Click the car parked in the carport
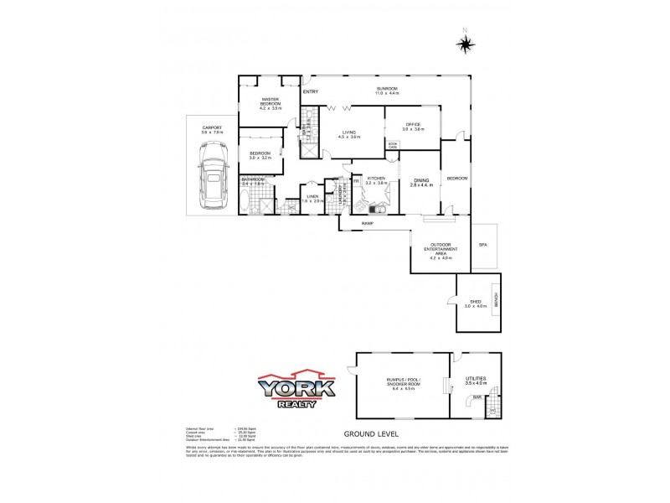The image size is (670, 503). [x=211, y=176]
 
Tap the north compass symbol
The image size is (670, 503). [x=466, y=44]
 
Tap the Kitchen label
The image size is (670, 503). [x=375, y=179]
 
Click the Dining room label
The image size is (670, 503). [x=421, y=181]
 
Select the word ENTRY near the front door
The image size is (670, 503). [x=311, y=91]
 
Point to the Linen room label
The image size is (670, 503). [x=312, y=199]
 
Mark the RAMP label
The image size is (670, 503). [x=367, y=224]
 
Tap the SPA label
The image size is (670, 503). [x=482, y=245]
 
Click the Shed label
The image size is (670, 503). [x=474, y=303]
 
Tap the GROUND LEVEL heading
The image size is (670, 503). [x=371, y=434]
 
